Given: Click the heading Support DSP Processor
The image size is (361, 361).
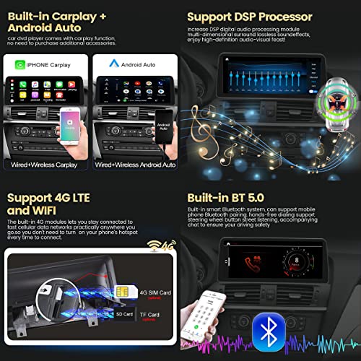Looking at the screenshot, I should coord(249,16).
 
